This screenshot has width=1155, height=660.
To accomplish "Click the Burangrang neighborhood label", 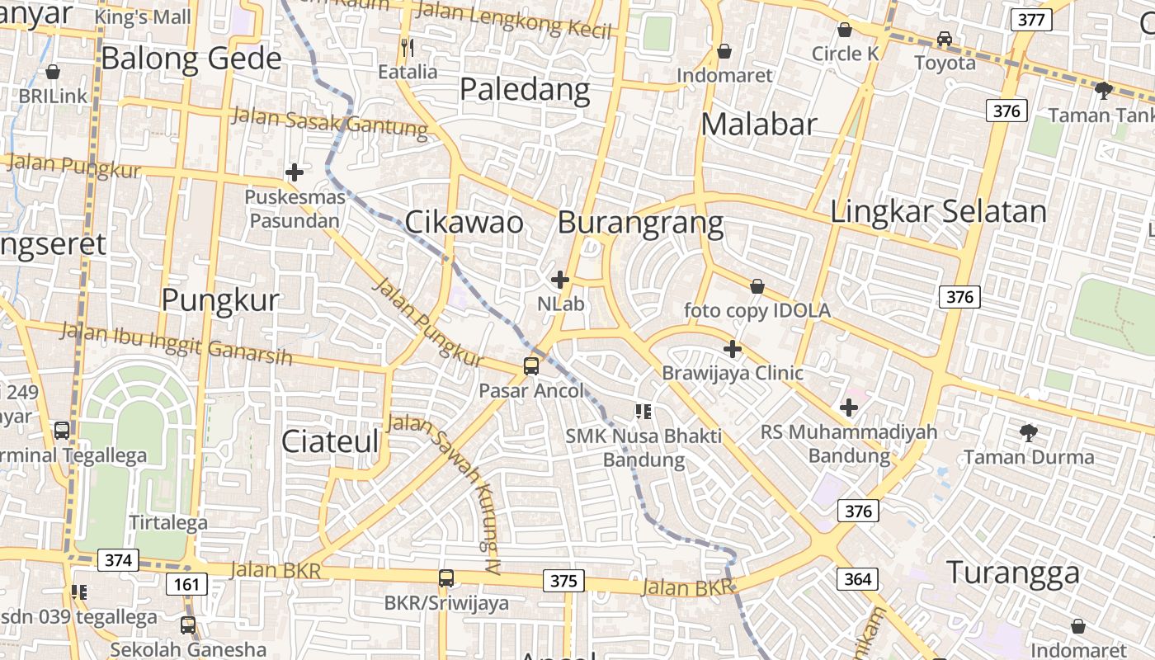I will [x=640, y=223].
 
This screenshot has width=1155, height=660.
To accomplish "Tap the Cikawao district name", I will [x=464, y=223].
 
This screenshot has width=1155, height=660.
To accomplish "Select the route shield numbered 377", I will [x=1031, y=20].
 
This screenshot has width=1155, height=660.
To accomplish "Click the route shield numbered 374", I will [x=118, y=560].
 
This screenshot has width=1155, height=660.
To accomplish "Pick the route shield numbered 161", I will [x=186, y=585].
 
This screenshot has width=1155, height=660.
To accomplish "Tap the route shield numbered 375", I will [x=563, y=581].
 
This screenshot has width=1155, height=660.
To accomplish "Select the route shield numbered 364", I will [x=857, y=579].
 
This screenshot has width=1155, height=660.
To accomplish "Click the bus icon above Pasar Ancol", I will [x=531, y=365].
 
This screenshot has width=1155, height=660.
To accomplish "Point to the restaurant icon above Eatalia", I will [x=407, y=47].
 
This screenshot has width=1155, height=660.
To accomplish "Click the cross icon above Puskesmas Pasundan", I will [x=294, y=172].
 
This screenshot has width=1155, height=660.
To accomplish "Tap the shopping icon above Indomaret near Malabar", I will [x=724, y=51].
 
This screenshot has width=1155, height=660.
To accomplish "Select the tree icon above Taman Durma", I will [x=1028, y=431].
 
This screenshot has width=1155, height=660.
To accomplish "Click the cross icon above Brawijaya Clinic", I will [x=732, y=348].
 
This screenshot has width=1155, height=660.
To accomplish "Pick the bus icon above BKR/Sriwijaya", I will [x=446, y=577].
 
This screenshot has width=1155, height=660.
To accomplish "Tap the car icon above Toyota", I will [x=944, y=38].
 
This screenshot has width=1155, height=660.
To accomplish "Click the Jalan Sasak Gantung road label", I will [x=330, y=120].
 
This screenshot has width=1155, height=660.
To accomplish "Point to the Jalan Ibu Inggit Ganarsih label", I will [x=177, y=344].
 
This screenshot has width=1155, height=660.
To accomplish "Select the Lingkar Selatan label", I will [x=938, y=211].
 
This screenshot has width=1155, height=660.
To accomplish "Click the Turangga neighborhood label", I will [x=1013, y=572].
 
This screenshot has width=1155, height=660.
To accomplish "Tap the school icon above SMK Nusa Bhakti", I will [x=643, y=411].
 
